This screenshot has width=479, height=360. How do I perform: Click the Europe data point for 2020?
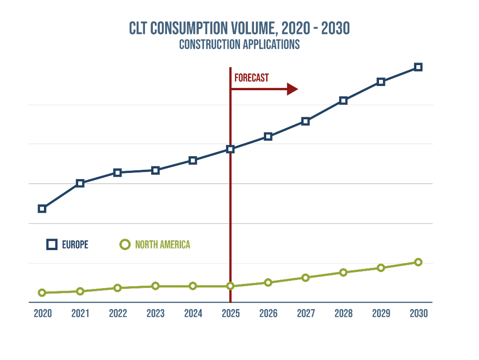[42, 209]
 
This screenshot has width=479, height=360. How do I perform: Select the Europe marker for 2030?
[418, 67]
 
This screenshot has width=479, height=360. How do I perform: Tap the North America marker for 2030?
[418, 262]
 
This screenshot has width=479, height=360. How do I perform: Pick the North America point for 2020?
[42, 293]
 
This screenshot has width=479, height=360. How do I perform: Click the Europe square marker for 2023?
[155, 170]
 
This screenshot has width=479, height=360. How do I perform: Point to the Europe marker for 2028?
[343, 101]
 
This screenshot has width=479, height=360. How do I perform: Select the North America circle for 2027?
[305, 278]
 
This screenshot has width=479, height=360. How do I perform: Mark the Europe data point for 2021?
[80, 183]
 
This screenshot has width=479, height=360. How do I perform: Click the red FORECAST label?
[252, 78]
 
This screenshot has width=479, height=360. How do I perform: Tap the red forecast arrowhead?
[292, 89]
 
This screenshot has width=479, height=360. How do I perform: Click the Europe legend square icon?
[52, 245]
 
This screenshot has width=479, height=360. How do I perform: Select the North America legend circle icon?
[125, 245]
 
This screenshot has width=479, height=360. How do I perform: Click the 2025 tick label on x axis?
[231, 313]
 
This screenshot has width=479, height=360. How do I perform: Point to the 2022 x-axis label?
[118, 313]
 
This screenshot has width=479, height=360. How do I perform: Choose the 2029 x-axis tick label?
[381, 313]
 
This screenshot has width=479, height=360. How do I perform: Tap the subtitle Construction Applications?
[239, 45]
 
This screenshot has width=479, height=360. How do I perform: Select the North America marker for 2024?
[193, 286]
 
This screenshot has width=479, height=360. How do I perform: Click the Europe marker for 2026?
[268, 137]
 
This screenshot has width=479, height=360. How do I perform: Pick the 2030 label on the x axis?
[418, 313]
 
